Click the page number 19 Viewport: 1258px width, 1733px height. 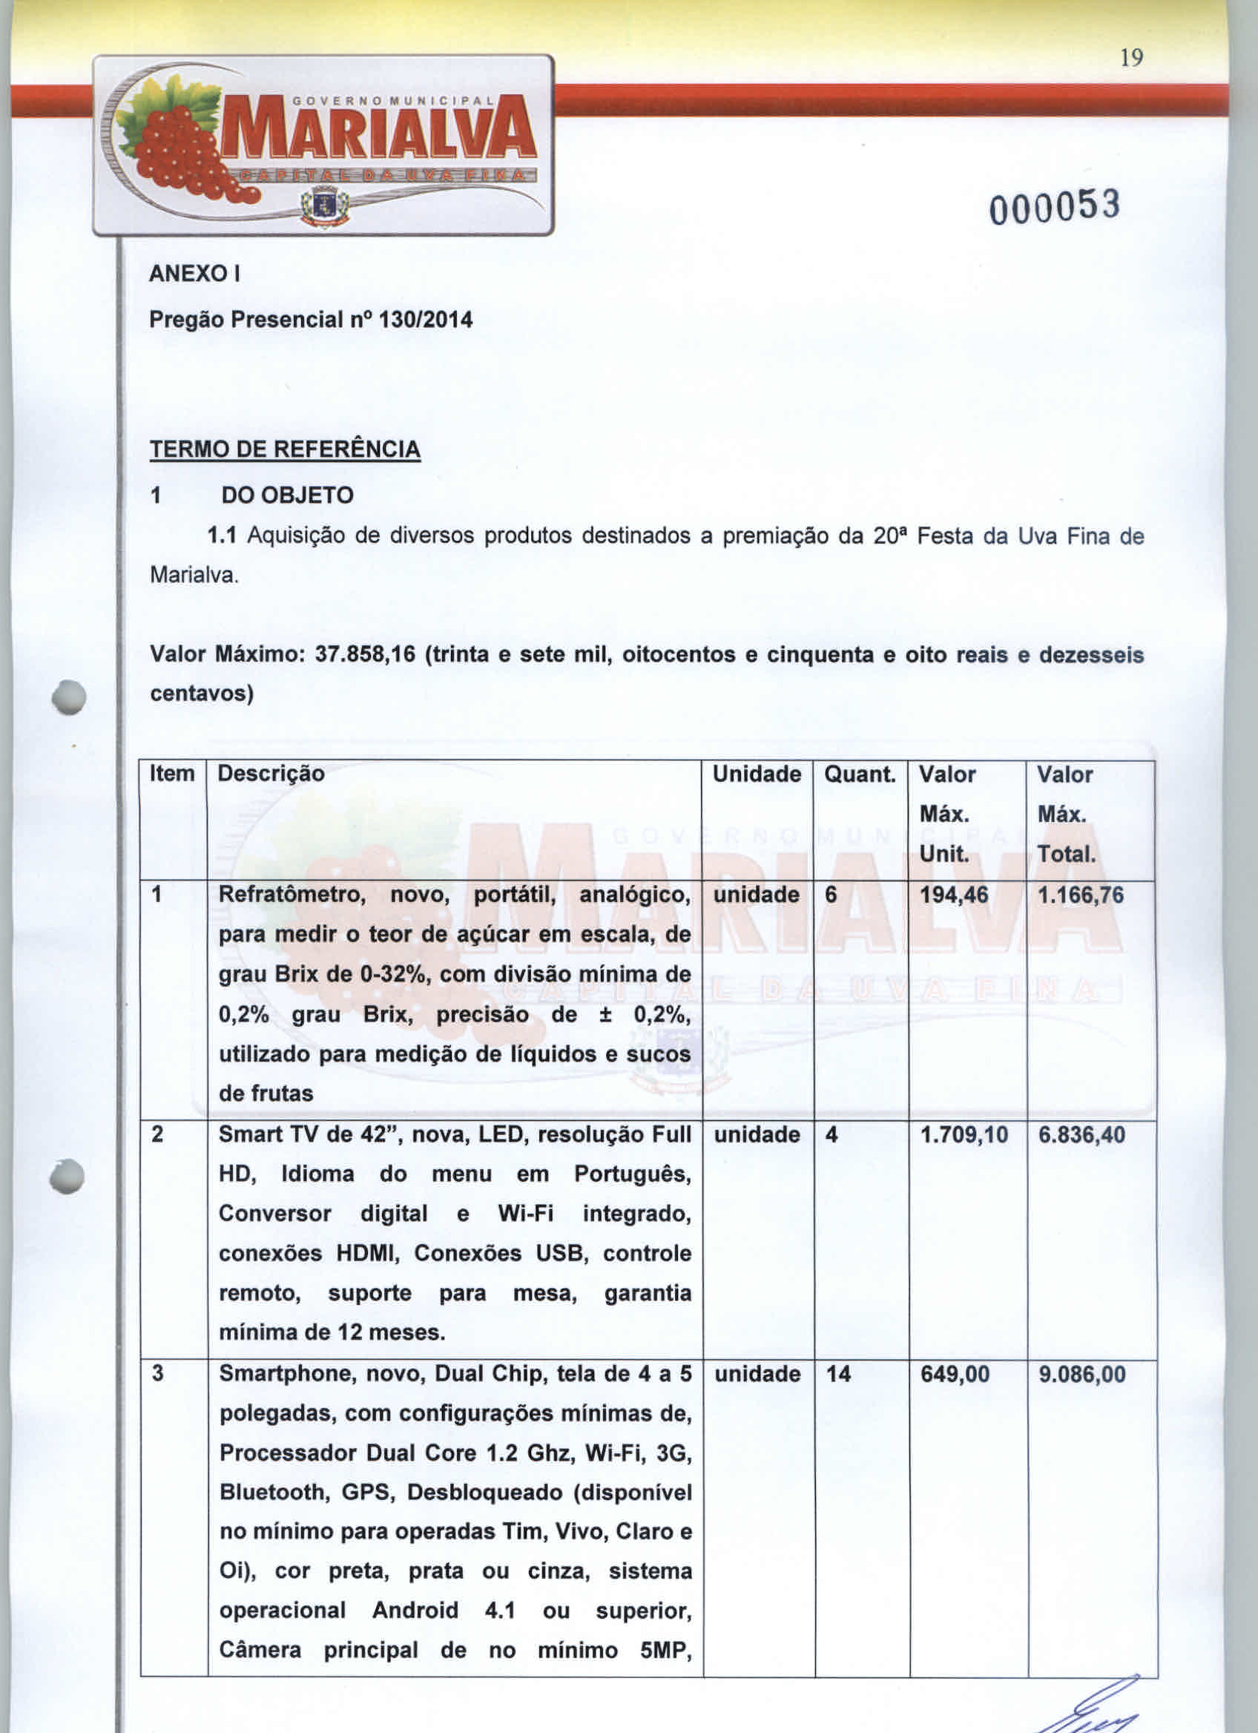click(x=1132, y=58)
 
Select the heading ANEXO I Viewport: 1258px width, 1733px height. click(x=195, y=274)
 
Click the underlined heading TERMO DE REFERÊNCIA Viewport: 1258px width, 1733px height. click(x=284, y=449)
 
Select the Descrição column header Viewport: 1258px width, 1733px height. click(x=271, y=774)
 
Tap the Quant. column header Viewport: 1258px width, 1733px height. click(x=859, y=774)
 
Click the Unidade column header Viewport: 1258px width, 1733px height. click(x=756, y=774)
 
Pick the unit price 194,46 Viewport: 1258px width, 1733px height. click(x=953, y=895)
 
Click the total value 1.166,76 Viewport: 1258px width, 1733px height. click(x=1080, y=895)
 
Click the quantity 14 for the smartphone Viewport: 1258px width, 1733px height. click(x=838, y=1375)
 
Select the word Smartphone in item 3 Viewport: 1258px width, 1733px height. click(x=283, y=1375)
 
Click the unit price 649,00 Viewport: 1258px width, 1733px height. click(x=955, y=1375)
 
